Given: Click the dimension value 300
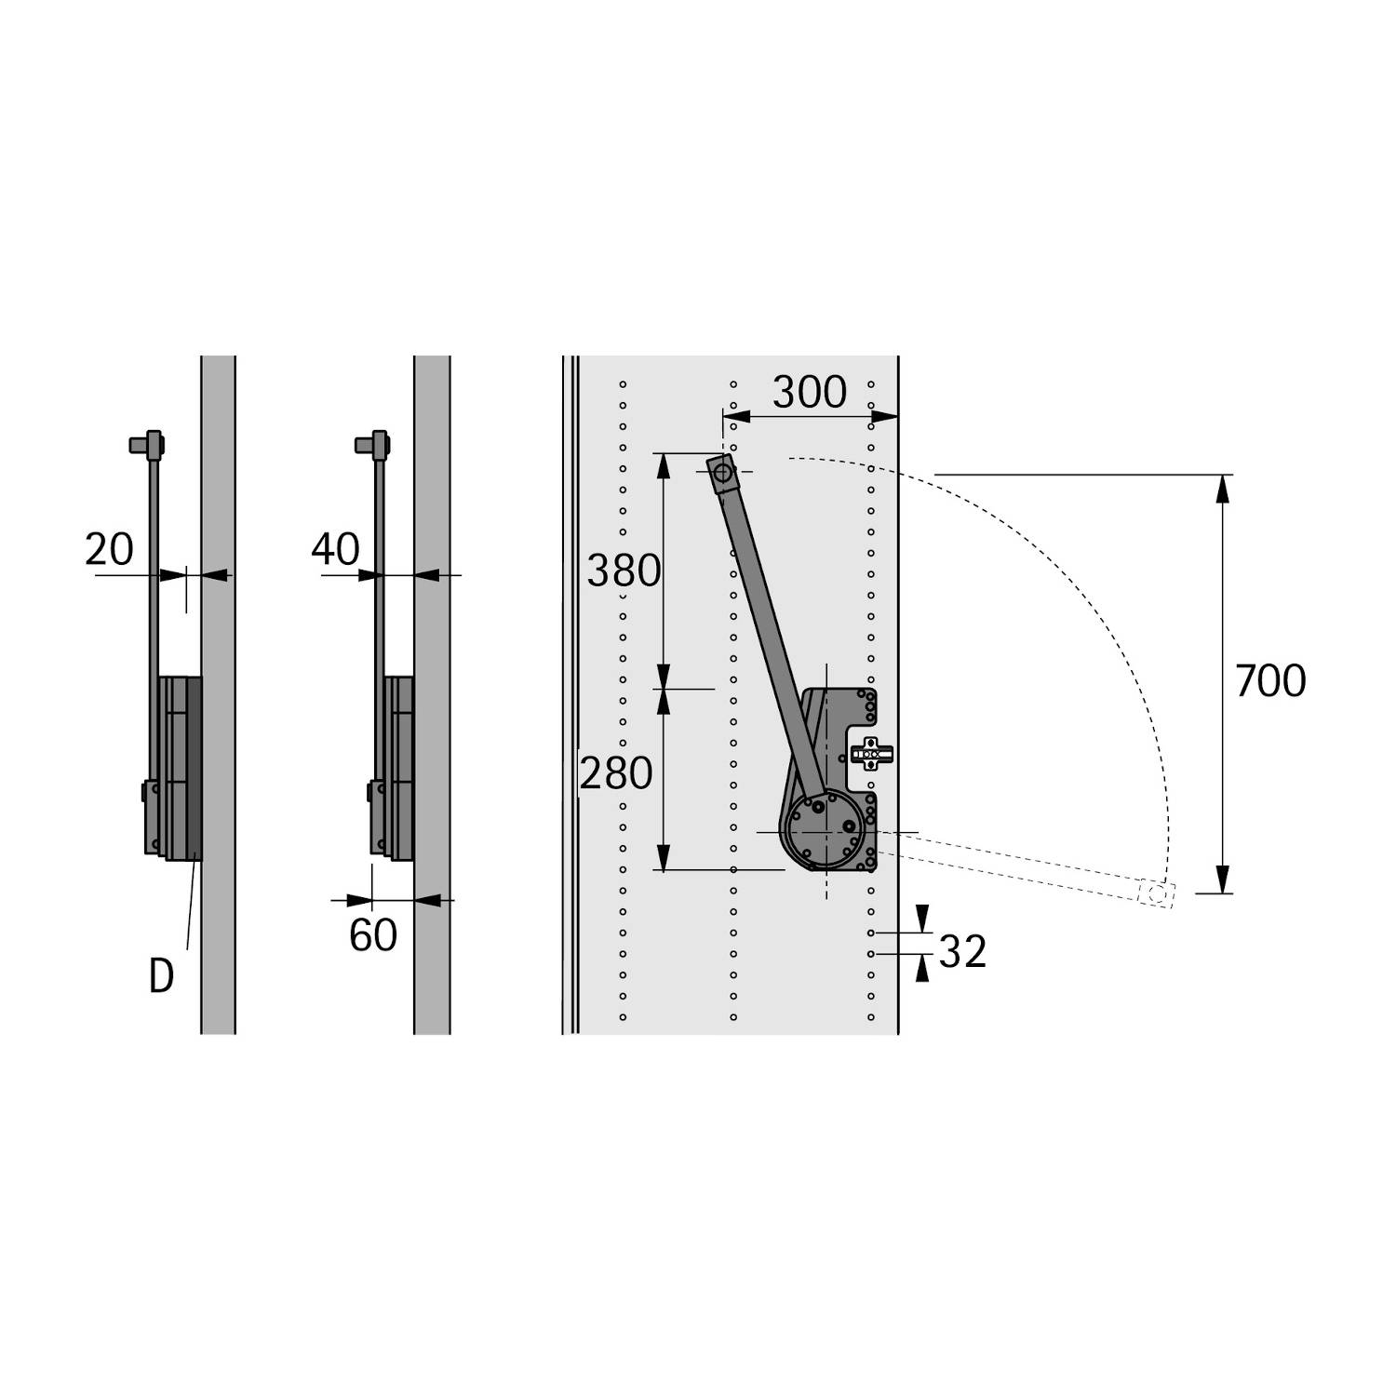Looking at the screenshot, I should coord(809,393).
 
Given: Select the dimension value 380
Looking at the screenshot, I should coord(624,570).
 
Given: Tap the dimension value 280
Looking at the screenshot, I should coord(616,773).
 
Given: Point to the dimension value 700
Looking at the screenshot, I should coord(1269,681).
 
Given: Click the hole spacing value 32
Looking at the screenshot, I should coord(961,952).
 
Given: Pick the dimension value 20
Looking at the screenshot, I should coord(109,549).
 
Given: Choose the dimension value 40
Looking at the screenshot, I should coord(335,549).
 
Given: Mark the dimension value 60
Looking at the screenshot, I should coord(372,935).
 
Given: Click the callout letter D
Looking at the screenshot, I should coord(161,977).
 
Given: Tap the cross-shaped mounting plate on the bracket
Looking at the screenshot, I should coord(871,752).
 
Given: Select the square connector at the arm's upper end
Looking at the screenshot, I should coord(722,474).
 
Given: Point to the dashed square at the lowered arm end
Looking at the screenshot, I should coord(1157,893).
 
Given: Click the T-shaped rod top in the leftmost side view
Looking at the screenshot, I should coord(147,444).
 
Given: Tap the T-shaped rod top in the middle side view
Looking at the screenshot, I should coord(373,444).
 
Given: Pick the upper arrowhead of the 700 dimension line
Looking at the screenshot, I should coord(1223,489).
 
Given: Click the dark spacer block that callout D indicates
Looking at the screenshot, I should coord(194,768).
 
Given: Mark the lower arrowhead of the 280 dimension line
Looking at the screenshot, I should coord(663,858).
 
